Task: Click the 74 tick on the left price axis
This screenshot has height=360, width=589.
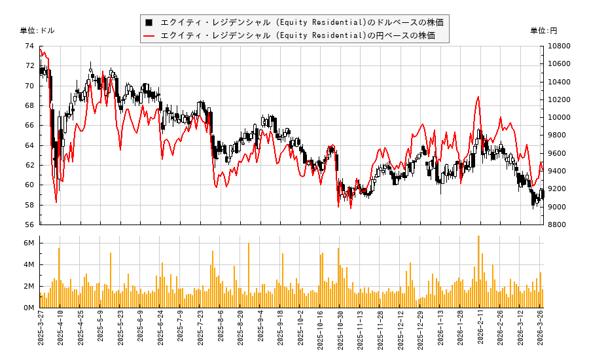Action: [29, 46]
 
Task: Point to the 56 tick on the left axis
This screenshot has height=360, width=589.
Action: [29, 225]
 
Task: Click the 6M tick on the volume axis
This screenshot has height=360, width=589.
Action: [29, 243]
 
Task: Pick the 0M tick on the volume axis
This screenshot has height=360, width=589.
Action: [29, 308]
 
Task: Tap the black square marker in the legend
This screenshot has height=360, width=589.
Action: [149, 22]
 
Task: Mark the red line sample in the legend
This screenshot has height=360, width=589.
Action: [149, 35]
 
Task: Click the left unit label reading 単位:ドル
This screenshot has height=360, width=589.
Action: [37, 31]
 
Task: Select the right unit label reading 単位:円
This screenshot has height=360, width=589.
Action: [543, 31]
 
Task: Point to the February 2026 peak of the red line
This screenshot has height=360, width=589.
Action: [478, 97]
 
